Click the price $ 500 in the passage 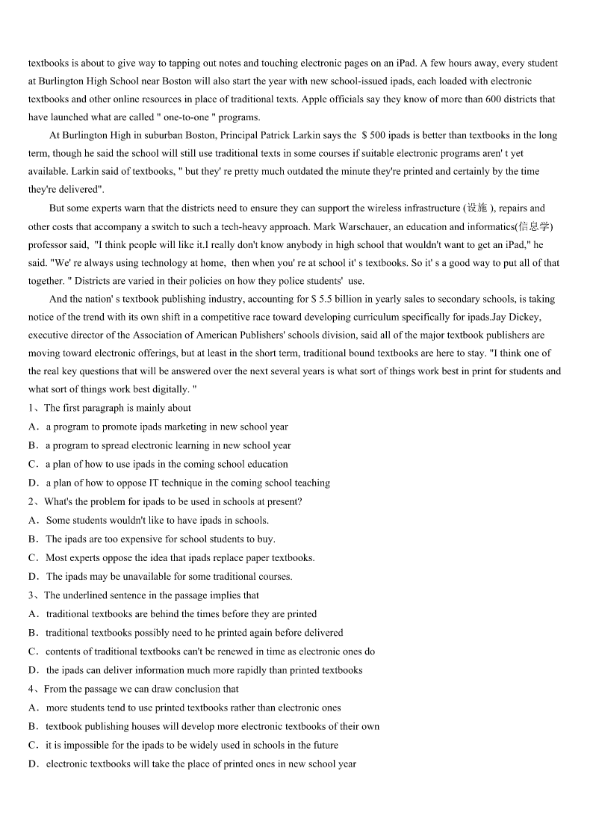coord(373,135)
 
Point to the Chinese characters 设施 coord(476,208)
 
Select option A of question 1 coord(34,427)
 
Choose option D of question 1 coord(34,483)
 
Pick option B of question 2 coord(34,539)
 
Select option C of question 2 coord(34,558)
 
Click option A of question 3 coord(34,614)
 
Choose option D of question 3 coord(34,670)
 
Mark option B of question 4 coord(34,726)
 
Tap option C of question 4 coord(34,745)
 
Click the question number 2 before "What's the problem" coord(31,502)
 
